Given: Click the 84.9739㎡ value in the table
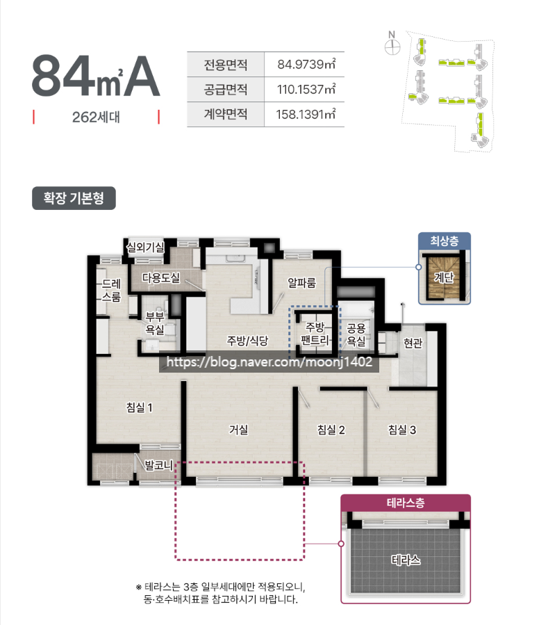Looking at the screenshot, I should coord(306,65).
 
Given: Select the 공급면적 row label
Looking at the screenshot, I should coord(226,90).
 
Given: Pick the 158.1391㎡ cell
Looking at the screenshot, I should coord(306,113).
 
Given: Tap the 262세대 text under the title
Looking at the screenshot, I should coord(96,117).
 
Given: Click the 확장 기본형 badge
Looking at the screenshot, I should coord(74,198).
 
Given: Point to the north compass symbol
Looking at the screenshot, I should coord(392,45).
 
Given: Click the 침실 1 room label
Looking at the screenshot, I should coord(139,407).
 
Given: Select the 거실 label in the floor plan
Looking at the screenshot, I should coord(238,430).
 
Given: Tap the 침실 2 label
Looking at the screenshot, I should coord(331,430).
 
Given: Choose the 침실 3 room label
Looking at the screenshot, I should coord(401,430).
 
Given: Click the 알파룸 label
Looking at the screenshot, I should coord(302,282).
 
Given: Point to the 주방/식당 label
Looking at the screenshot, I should coord(247,341).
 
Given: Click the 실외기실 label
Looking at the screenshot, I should coord(145,247).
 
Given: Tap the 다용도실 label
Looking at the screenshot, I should coord(161,278).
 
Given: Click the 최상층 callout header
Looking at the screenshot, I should coord(445,241).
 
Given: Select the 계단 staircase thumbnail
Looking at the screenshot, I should coord(444,276).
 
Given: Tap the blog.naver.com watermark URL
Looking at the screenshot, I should coord(269,362).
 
